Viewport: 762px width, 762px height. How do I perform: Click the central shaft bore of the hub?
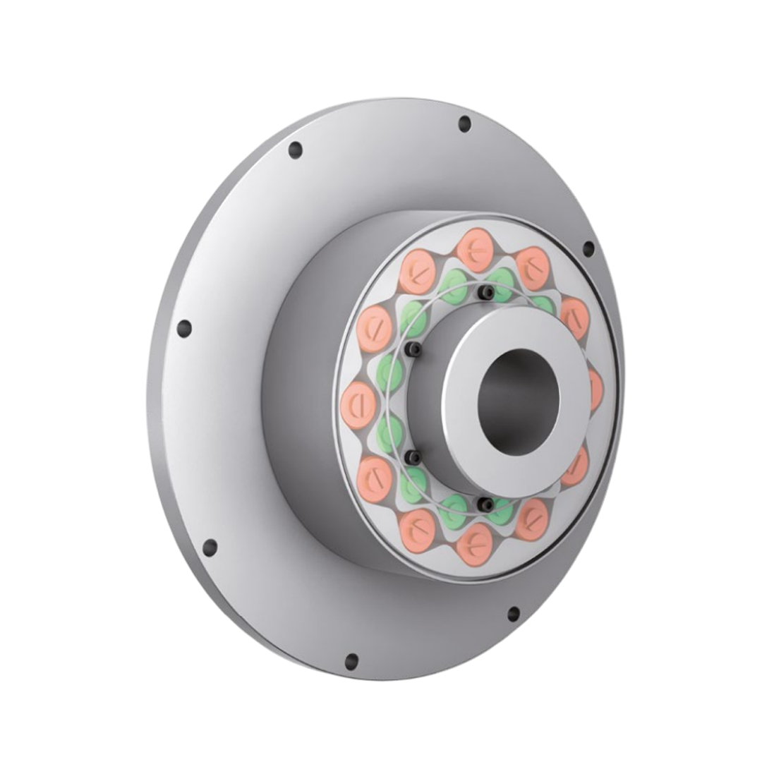[x=519, y=401]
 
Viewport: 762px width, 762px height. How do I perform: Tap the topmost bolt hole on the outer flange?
[x=464, y=124]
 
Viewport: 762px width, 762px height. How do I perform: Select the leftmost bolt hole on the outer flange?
[x=184, y=329]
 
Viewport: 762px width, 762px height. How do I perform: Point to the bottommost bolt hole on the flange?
[x=351, y=662]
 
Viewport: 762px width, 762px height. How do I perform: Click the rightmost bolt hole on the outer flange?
[x=588, y=248]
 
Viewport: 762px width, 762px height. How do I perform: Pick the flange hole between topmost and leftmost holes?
[x=296, y=150]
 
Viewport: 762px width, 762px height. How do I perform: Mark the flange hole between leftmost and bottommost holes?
[x=210, y=548]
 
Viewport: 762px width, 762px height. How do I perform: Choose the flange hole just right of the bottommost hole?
[x=514, y=614]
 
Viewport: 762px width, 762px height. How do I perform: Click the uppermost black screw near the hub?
[x=485, y=291]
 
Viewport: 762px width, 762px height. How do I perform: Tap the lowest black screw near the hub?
[x=485, y=504]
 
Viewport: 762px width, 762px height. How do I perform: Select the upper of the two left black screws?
[x=413, y=349]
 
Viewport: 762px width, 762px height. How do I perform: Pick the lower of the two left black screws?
[x=413, y=458]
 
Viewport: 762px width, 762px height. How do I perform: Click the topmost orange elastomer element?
[x=474, y=250]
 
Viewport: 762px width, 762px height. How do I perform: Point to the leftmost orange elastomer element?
[x=358, y=405]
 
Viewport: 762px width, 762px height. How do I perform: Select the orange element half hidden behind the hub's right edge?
[x=595, y=388]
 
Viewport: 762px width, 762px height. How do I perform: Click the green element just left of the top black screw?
[x=453, y=286]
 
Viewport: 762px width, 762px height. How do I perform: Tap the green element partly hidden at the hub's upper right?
[x=543, y=305]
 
